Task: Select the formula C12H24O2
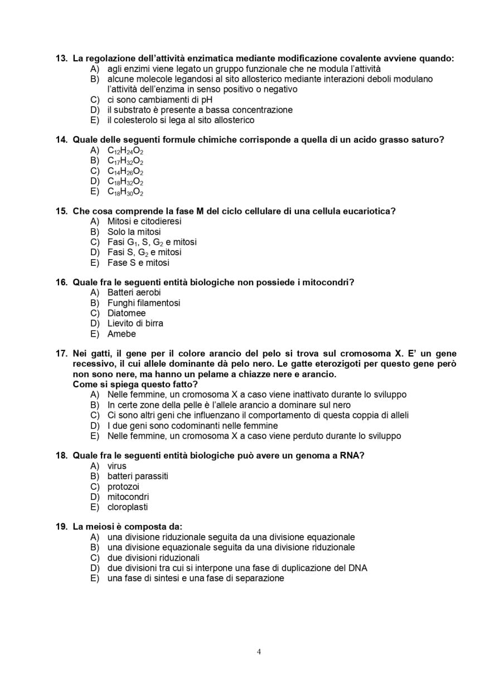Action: point(125,150)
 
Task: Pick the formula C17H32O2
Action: point(125,161)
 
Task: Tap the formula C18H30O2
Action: point(125,192)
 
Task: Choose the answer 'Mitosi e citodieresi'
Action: point(144,221)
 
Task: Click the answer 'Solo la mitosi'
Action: point(134,232)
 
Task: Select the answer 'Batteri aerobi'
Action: point(134,293)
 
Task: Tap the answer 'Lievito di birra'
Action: point(135,323)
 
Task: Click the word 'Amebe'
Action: point(122,334)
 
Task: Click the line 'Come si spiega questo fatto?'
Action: point(135,385)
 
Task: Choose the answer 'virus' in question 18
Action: point(117,466)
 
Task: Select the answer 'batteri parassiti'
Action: point(137,476)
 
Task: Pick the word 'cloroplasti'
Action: point(127,507)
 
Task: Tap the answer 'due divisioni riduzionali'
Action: point(153,558)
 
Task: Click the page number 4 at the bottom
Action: point(259,652)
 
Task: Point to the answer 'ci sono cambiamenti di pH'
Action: point(159,100)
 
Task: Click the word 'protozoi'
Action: point(123,486)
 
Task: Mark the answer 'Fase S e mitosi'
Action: point(138,262)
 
